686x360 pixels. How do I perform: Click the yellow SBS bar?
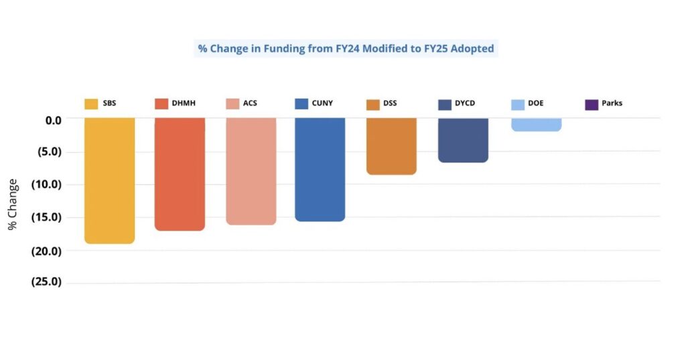click(109, 180)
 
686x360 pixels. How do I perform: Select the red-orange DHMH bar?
click(180, 174)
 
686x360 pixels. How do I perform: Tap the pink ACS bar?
click(251, 171)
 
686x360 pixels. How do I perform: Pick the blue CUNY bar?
click(320, 169)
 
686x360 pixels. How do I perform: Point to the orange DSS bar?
click(391, 146)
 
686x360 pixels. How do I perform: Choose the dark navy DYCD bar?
click(463, 139)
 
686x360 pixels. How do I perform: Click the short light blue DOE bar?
click(536, 125)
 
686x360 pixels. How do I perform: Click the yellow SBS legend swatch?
click(91, 104)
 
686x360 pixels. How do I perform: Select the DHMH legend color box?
click(161, 104)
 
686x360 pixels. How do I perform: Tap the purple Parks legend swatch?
click(592, 104)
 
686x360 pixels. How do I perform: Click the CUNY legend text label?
click(322, 103)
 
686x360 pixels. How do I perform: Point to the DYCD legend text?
click(465, 103)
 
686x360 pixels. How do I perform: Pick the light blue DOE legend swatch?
click(518, 104)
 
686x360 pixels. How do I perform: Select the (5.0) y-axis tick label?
click(47, 152)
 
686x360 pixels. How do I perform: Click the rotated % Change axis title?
click(13, 204)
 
